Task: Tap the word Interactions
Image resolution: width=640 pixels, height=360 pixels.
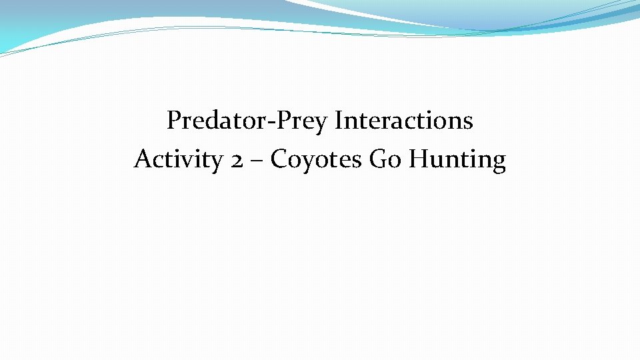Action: (x=404, y=121)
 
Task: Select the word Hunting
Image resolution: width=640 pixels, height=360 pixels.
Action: (x=457, y=160)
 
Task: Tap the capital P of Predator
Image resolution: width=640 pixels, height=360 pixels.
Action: (x=174, y=121)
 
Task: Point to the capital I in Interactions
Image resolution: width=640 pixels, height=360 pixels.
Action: (x=339, y=121)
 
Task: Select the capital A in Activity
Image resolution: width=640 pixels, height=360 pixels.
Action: (x=142, y=159)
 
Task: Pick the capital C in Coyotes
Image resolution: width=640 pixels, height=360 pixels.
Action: (x=279, y=160)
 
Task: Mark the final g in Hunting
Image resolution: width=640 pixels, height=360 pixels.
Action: (x=499, y=163)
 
